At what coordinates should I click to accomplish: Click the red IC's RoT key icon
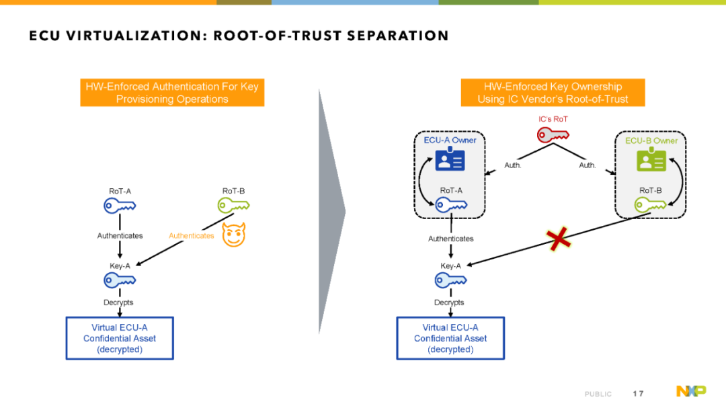[553, 134]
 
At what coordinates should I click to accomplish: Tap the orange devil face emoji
[234, 235]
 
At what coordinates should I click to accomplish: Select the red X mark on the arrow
[559, 239]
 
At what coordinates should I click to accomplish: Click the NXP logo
[691, 391]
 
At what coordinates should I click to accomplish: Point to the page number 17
[638, 394]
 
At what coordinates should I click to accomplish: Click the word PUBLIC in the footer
[598, 394]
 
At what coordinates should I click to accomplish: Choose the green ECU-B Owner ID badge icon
[651, 159]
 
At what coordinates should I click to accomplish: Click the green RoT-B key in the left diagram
[233, 205]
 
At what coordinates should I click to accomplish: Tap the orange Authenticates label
[191, 236]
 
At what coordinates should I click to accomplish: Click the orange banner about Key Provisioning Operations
[172, 93]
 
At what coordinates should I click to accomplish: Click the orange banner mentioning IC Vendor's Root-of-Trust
[553, 93]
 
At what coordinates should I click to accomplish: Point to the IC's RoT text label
[553, 119]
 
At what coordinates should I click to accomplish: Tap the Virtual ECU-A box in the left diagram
[120, 338]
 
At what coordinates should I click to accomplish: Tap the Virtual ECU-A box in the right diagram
[450, 338]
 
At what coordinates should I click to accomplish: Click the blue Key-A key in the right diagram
[450, 280]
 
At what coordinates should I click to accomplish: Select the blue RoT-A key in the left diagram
[120, 206]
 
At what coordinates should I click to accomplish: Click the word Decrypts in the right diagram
[449, 302]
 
